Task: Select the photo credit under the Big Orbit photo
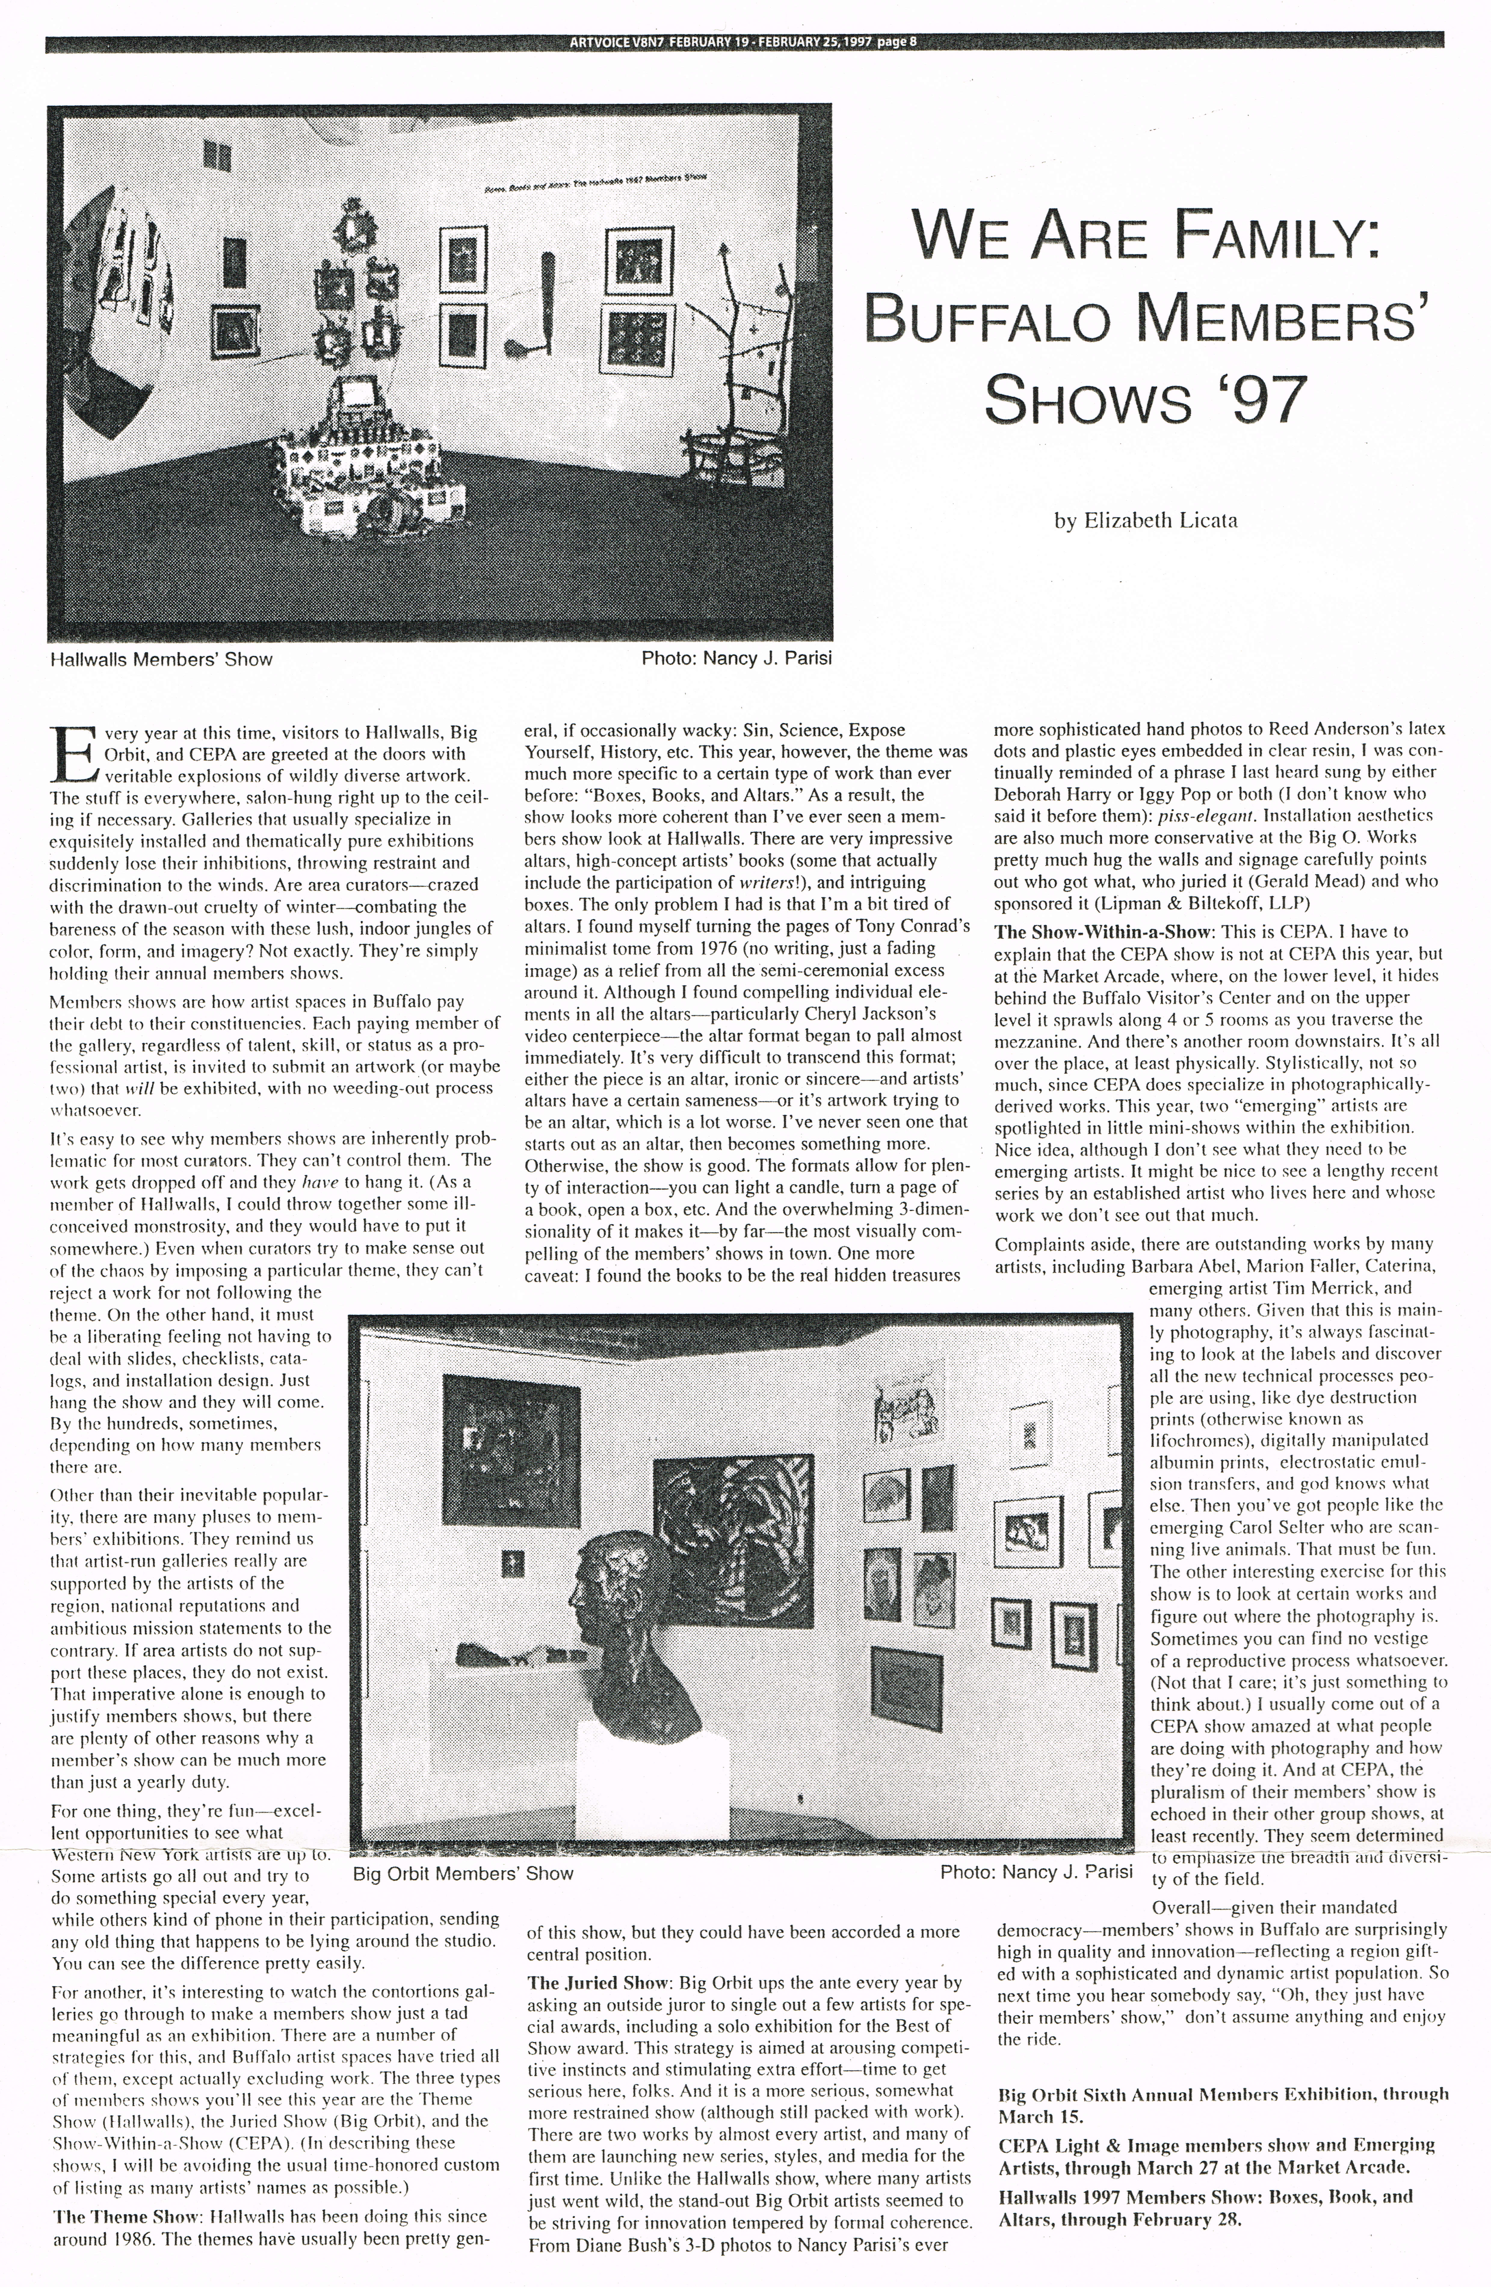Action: pos(1036,1872)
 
